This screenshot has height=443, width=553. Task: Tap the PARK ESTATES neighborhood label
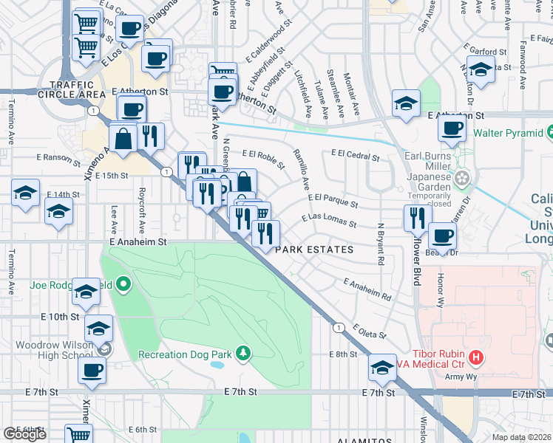pyautogui.click(x=314, y=250)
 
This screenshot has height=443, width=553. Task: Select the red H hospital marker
pyautogui.click(x=477, y=358)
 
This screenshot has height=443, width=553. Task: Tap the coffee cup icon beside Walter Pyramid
pyautogui.click(x=452, y=128)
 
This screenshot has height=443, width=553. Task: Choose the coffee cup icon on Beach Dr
pyautogui.click(x=442, y=236)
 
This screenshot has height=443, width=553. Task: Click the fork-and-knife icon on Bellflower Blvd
pyautogui.click(x=418, y=217)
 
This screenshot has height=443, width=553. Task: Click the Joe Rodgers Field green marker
pyautogui.click(x=123, y=284)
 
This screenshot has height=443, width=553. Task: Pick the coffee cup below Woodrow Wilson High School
pyautogui.click(x=92, y=371)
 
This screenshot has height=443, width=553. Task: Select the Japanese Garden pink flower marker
pyautogui.click(x=463, y=178)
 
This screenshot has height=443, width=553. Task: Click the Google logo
pyautogui.click(x=24, y=434)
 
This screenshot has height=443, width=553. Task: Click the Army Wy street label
pyautogui.click(x=459, y=376)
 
